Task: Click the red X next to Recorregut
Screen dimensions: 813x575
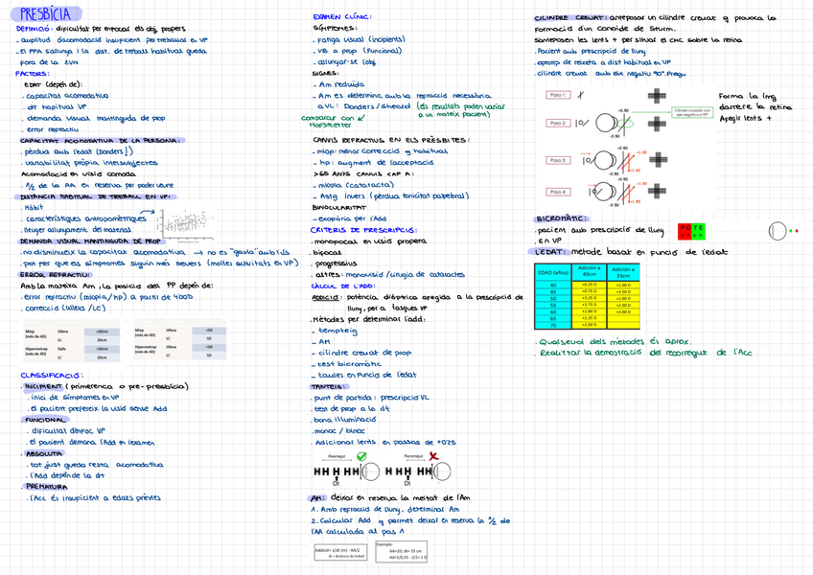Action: (x=432, y=456)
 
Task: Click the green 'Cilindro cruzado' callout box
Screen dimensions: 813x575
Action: (x=698, y=112)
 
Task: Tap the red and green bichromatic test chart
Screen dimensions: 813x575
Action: (x=690, y=231)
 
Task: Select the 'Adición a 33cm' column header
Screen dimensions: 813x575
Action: (x=623, y=272)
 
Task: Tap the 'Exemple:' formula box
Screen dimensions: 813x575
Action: (x=402, y=551)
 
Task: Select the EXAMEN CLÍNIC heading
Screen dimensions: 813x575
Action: (x=343, y=17)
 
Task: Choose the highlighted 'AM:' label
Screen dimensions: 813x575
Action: (x=317, y=498)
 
